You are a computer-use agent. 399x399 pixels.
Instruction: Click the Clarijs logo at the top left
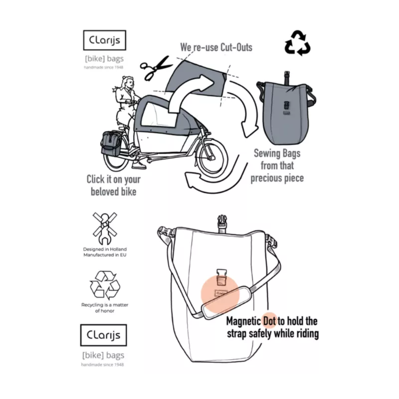tap(104, 41)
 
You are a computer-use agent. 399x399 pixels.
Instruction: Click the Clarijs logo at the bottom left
tap(104, 335)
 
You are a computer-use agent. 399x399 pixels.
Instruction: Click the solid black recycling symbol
tap(297, 43)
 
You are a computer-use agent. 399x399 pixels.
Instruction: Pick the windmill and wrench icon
tap(105, 227)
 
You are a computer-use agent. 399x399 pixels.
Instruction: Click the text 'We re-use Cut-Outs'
tap(216, 48)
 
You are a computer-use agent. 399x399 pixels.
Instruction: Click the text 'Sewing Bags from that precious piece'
tap(277, 166)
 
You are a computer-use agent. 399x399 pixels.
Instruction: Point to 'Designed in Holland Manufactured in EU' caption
tap(105, 252)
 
